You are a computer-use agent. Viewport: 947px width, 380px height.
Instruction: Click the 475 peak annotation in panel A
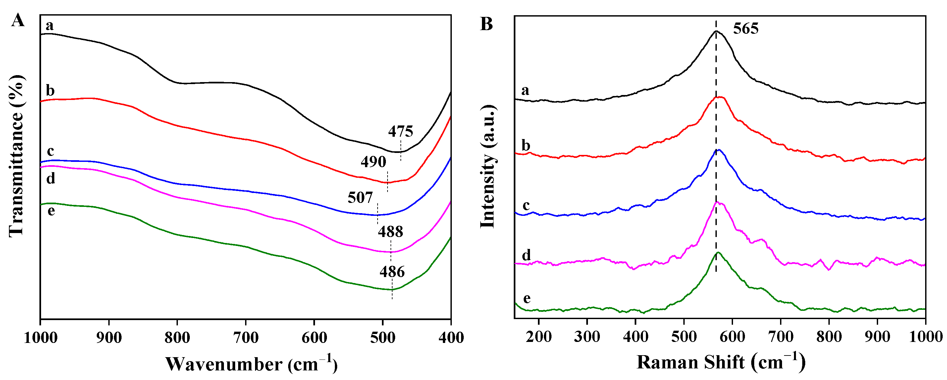point(400,131)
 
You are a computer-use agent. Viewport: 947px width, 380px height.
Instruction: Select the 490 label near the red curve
point(373,162)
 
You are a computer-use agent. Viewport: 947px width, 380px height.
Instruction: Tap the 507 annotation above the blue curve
point(360,198)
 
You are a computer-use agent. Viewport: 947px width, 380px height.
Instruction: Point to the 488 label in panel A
point(391,231)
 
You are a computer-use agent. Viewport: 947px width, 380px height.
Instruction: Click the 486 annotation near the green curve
point(392,272)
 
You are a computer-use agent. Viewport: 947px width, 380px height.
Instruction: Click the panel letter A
point(18,20)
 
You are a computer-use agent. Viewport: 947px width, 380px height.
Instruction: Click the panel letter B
point(486,24)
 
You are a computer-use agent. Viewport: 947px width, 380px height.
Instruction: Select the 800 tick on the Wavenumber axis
point(177,337)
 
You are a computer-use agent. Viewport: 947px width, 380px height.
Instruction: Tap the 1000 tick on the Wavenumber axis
point(40,337)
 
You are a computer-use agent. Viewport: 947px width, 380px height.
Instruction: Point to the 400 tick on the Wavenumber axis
point(451,337)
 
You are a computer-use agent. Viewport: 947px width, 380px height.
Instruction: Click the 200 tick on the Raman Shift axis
point(539,336)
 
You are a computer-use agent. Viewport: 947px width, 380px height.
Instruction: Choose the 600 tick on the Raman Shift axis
point(732,336)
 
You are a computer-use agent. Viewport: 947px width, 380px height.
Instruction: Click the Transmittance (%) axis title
point(17,156)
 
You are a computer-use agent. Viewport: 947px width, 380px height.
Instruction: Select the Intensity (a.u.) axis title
point(488,166)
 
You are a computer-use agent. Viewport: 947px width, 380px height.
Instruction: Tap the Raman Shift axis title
point(720,362)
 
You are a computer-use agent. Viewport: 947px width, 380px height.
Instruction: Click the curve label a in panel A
point(50,26)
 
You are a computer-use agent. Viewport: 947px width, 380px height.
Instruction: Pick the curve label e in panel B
point(526,298)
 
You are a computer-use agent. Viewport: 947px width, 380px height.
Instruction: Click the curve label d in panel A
point(50,179)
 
